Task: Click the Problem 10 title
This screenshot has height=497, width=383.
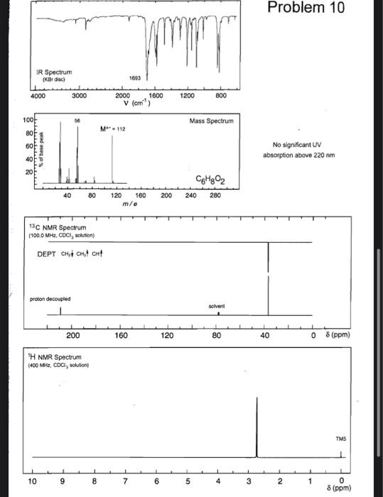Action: point(315,9)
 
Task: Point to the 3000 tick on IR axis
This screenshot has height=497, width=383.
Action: point(78,96)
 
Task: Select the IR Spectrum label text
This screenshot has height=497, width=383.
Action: point(53,72)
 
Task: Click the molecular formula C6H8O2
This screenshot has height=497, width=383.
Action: point(209,177)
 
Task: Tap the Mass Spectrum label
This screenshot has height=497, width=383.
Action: point(211,122)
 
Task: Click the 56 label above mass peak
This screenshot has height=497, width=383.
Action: point(77,121)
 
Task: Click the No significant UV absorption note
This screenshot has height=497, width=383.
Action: point(298,150)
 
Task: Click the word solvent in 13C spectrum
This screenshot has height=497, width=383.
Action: point(217,306)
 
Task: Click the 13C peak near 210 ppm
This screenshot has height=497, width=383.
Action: point(60,310)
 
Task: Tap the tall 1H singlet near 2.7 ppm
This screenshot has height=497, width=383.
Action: point(257,426)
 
